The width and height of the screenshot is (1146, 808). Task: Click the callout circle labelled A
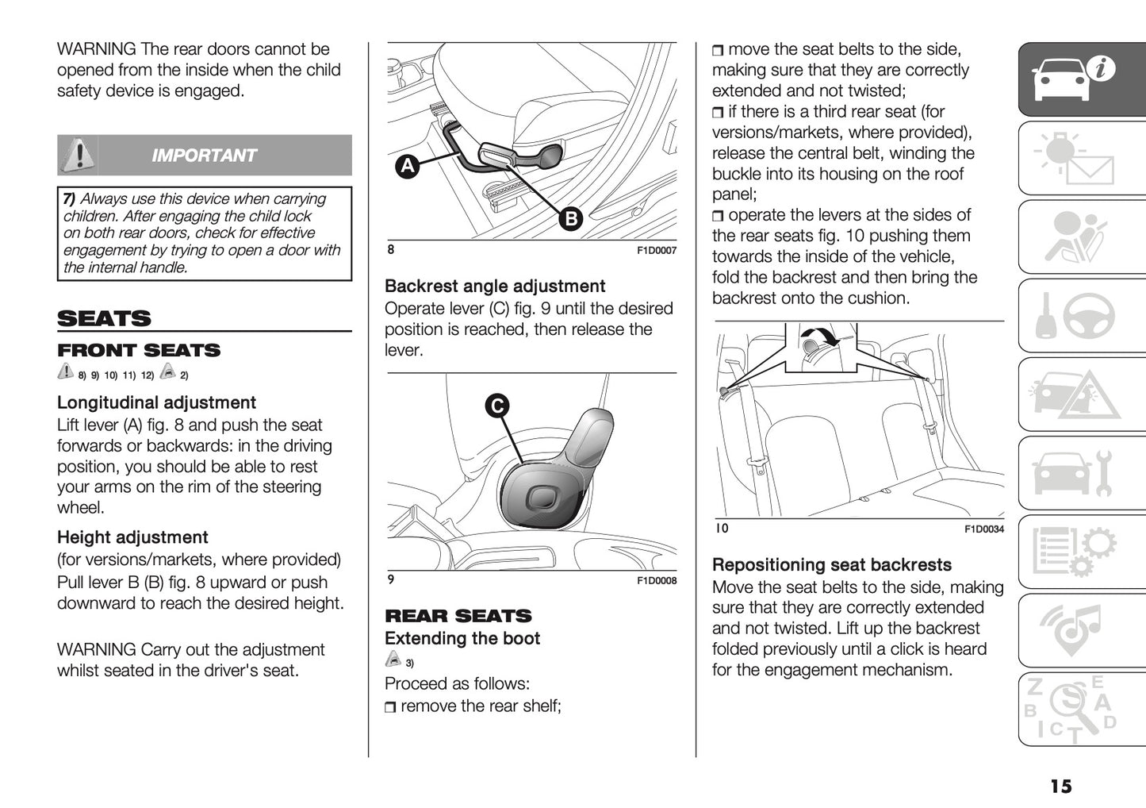click(x=408, y=166)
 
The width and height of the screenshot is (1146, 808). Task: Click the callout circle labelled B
click(x=570, y=218)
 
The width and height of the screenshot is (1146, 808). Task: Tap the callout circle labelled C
click(x=497, y=406)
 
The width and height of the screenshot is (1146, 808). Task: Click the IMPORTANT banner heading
click(x=204, y=156)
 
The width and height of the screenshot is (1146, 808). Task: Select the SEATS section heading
click(x=104, y=319)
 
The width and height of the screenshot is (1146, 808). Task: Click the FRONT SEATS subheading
click(x=139, y=350)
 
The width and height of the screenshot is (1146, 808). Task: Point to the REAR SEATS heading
click(x=458, y=616)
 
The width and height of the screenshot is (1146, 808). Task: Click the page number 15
click(x=1060, y=786)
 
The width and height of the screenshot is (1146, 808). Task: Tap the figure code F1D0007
click(x=657, y=251)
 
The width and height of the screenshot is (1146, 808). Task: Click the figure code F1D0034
click(x=983, y=529)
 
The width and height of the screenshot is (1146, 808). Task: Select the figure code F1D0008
click(x=657, y=581)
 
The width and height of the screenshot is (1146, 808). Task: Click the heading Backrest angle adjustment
click(x=495, y=287)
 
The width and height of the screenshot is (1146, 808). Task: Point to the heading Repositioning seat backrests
click(x=831, y=565)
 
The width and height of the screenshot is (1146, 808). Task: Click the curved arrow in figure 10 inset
click(x=826, y=337)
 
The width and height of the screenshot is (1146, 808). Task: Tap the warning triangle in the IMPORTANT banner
click(x=78, y=155)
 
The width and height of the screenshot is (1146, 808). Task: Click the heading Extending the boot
click(x=462, y=639)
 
